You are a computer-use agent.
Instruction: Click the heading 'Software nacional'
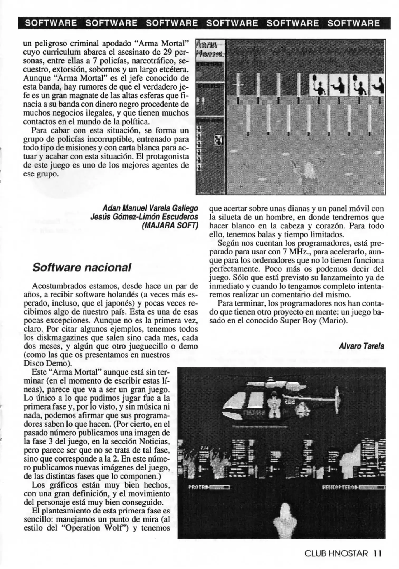(x=81, y=267)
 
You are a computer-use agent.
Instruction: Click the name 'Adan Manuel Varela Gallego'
(x=150, y=208)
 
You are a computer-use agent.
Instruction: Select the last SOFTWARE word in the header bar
(x=353, y=23)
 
